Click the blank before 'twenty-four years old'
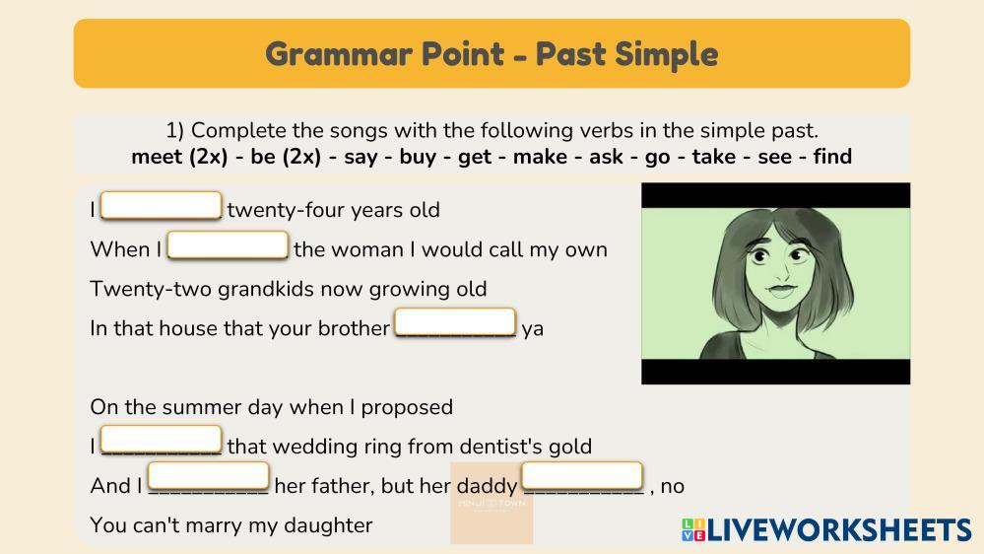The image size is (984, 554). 161,205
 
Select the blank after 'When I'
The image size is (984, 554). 228,245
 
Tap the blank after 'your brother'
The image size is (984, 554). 455,321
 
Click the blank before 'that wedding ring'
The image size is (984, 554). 161,439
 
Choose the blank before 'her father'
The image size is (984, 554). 209,476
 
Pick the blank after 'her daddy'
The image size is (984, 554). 582,475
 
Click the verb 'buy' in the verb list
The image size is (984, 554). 418,157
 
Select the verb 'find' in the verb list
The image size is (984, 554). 832,157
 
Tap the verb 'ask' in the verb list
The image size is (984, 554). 606,157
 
